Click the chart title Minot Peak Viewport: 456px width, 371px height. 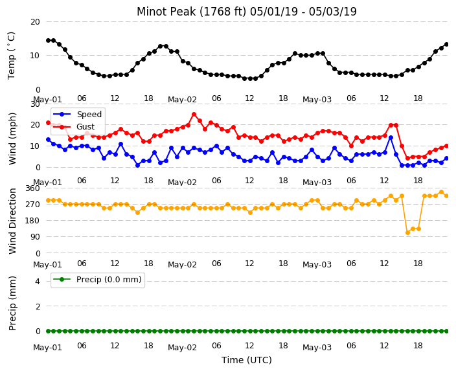(247, 12)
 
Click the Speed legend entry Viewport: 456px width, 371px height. (77, 114)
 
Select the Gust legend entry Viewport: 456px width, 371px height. (74, 127)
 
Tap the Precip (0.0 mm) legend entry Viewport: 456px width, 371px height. (97, 280)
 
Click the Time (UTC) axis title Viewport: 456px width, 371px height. (247, 360)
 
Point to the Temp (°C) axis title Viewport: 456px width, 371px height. (11, 55)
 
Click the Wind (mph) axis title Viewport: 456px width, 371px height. (12, 139)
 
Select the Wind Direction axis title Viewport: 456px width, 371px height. (12, 221)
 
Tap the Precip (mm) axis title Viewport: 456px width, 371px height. (12, 303)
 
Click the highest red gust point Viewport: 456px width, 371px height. (194, 115)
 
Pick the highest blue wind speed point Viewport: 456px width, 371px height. (391, 137)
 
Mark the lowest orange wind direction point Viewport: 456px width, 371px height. (407, 232)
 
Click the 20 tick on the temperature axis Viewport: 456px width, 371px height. (35, 22)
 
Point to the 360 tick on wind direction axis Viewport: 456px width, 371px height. (32, 188)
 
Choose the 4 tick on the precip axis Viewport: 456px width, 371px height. (38, 281)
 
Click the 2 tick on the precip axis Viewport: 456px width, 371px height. (38, 306)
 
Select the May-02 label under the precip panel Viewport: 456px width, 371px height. (183, 348)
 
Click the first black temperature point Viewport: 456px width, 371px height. (49, 40)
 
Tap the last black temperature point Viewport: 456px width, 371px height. (447, 45)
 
